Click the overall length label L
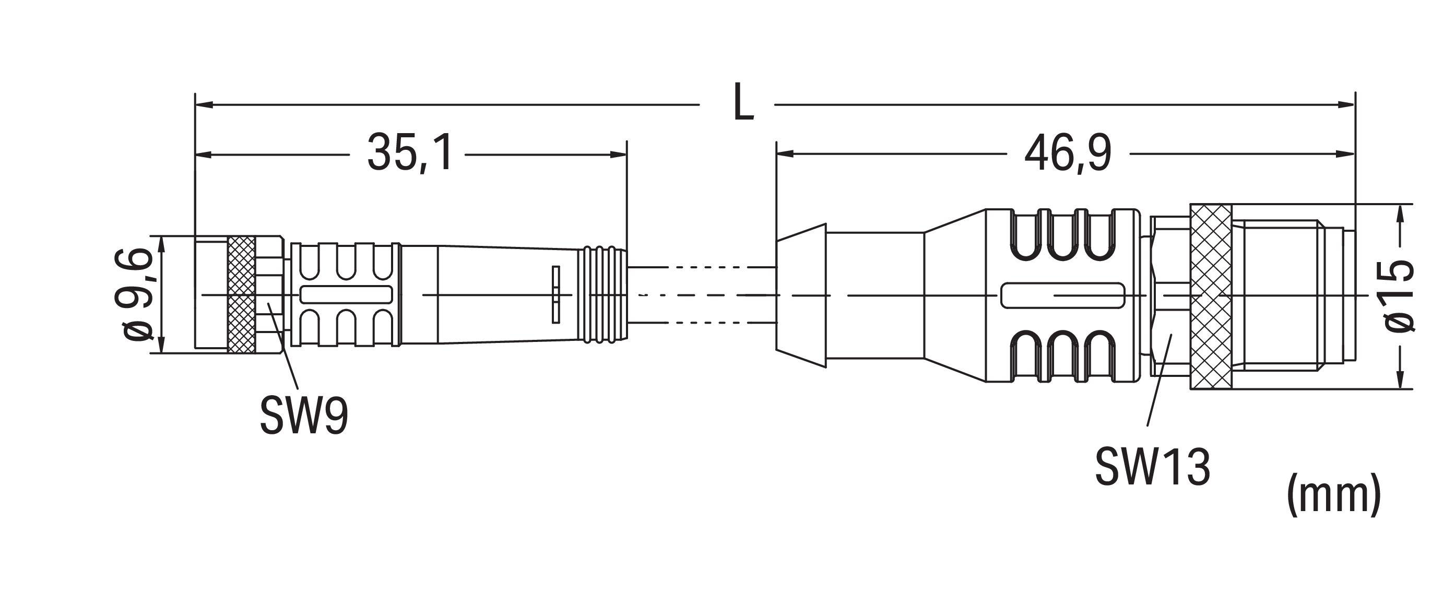pos(743,102)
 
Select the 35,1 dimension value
pos(410,152)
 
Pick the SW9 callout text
pos(304,416)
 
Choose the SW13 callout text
pos(1153,467)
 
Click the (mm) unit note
pos(1333,495)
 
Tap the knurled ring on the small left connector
pos(242,294)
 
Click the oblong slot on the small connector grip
pos(346,294)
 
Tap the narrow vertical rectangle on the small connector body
pos(556,294)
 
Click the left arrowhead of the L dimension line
pos(203,105)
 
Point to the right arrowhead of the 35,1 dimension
pos(618,155)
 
